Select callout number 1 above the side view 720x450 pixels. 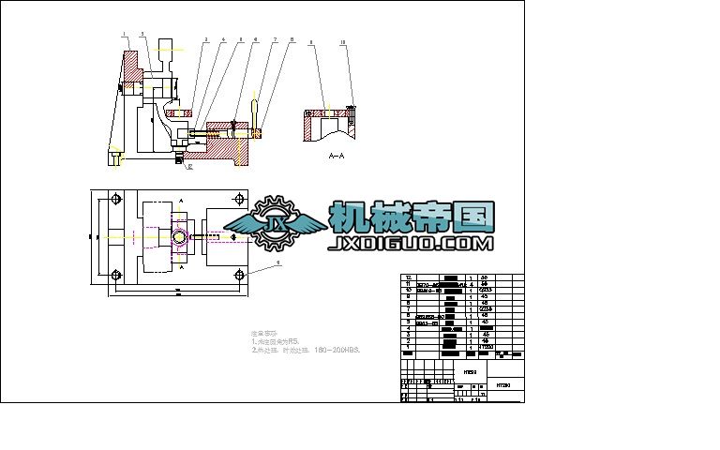(123, 34)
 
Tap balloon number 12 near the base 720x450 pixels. (189, 167)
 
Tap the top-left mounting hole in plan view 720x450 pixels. (114, 200)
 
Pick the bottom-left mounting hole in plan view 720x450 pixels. (114, 275)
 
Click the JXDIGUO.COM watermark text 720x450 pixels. (410, 244)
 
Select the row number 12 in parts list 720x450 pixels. (407, 278)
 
